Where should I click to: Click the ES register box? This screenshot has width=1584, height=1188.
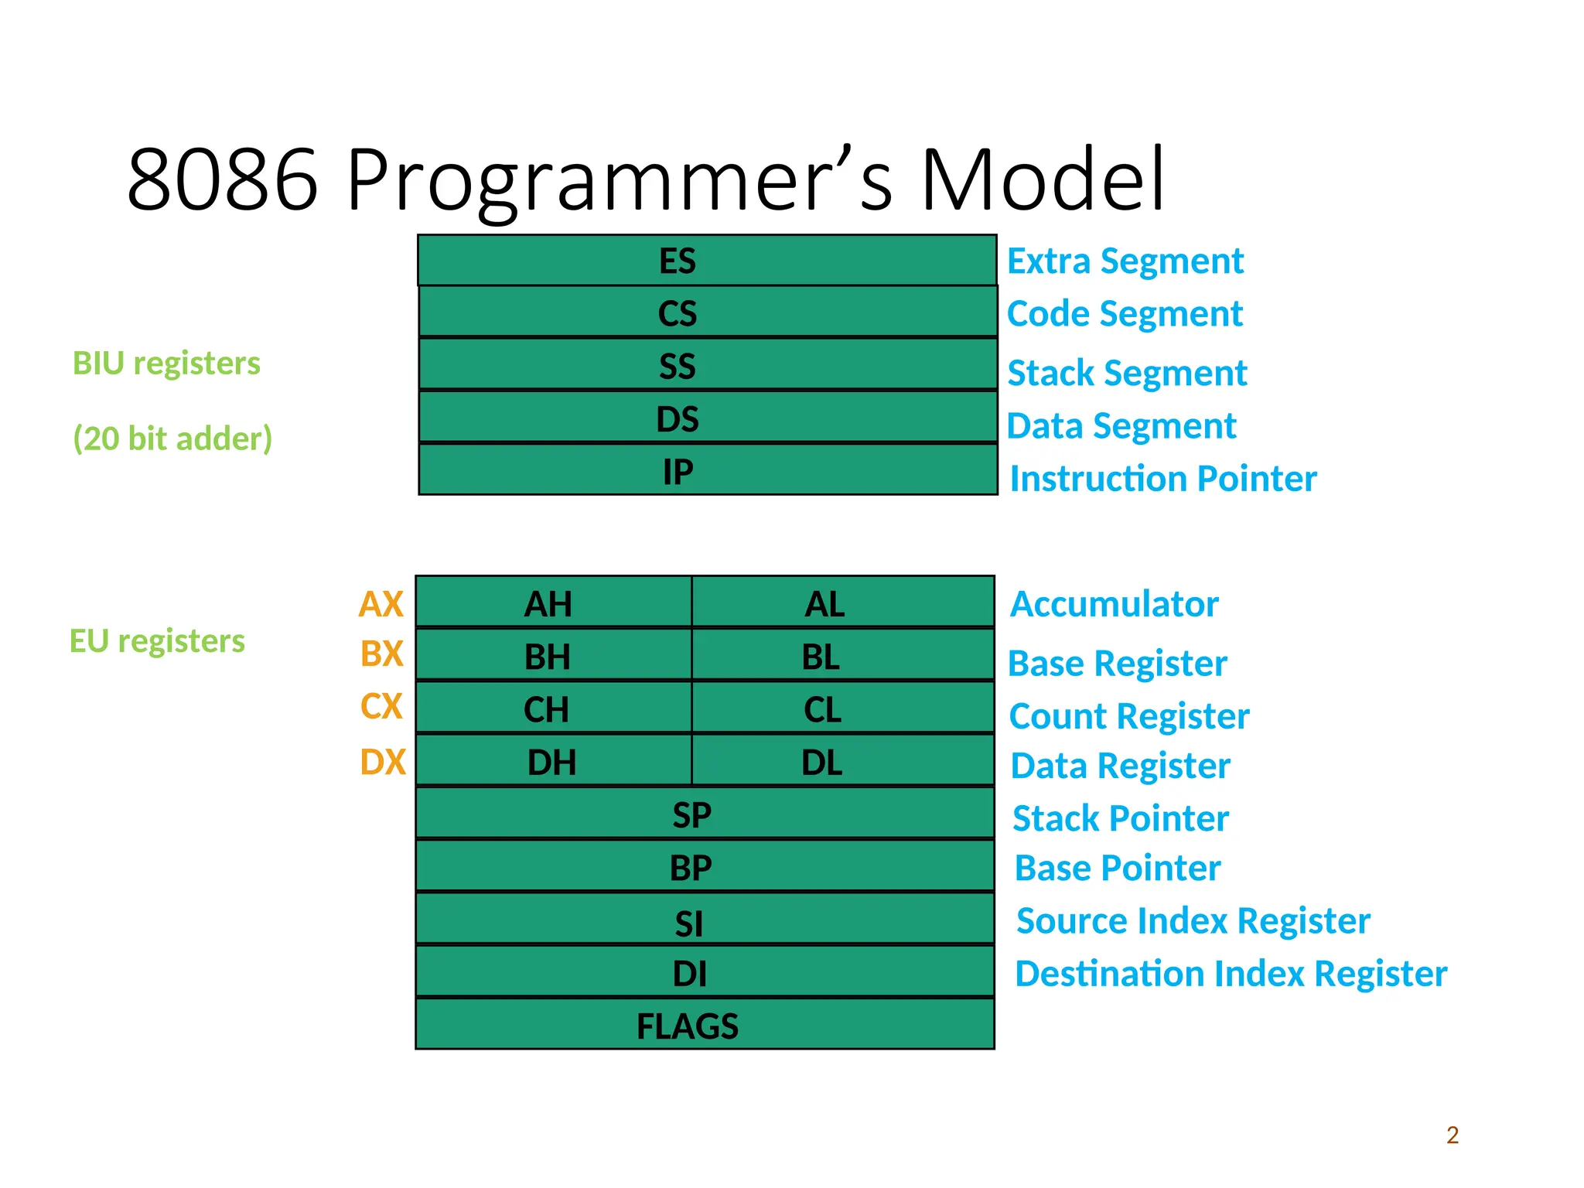coord(706,261)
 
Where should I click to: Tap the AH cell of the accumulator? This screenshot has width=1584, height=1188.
coord(552,603)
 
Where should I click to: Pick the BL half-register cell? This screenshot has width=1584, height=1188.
coord(841,656)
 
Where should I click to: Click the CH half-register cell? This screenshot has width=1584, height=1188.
coord(552,708)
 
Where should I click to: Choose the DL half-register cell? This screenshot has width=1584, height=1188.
coord(841,762)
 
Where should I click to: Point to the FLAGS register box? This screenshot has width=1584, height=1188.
coord(704,1025)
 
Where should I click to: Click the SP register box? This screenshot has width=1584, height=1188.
coord(704,814)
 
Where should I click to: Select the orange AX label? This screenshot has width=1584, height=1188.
coord(381,604)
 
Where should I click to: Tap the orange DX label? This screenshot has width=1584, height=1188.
coord(382,763)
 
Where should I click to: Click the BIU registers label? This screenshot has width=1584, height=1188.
coord(166,364)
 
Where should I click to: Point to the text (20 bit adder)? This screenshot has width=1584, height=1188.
coord(172,439)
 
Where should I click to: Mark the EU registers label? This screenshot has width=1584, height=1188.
coord(157,641)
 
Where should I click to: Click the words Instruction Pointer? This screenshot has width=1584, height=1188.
coord(1162,479)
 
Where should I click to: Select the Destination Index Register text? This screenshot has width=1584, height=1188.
coord(1230,974)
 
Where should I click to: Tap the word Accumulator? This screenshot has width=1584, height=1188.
coord(1114,604)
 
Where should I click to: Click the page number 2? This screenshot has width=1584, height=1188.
coord(1452,1135)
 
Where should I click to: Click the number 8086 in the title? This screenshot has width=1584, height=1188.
coord(223,180)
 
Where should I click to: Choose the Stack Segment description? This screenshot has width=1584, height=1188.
coord(1127,373)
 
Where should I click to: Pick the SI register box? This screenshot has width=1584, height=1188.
coord(704,920)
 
